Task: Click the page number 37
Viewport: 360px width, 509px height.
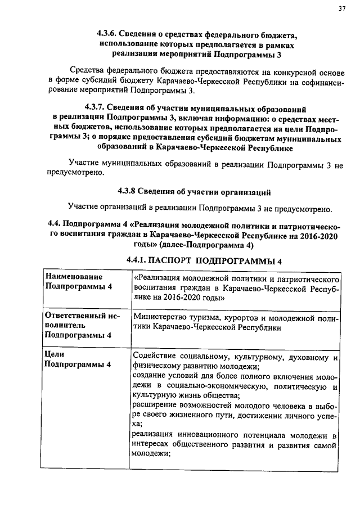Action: [x=341, y=8]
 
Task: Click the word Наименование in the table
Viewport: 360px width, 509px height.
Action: [x=74, y=277]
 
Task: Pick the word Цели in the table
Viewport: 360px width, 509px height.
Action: [x=55, y=354]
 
